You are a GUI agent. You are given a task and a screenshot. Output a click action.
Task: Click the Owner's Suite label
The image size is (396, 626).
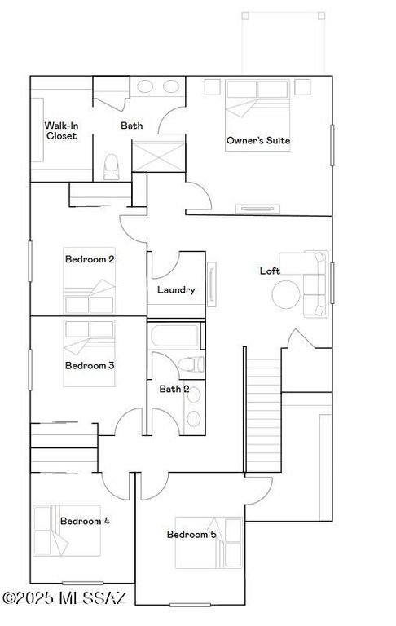click(257, 140)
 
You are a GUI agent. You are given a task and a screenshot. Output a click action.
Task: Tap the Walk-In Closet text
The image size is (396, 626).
click(60, 130)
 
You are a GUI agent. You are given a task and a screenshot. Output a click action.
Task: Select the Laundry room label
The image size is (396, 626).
click(175, 289)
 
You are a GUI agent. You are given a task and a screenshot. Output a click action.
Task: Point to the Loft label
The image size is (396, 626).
click(271, 271)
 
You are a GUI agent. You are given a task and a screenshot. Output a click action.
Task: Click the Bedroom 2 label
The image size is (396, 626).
click(89, 259)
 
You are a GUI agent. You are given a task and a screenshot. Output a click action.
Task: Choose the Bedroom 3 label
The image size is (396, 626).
click(89, 365)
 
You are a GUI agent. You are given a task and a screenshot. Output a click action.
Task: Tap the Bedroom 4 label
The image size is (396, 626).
click(85, 521)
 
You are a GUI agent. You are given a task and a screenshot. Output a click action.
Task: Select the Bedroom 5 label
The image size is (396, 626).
click(191, 535)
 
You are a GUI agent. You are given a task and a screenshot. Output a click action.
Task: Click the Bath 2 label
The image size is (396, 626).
click(174, 389)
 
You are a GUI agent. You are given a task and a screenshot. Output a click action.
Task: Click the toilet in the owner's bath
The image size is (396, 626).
click(112, 166)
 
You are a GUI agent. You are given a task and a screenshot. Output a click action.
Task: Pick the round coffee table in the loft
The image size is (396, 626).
click(286, 294)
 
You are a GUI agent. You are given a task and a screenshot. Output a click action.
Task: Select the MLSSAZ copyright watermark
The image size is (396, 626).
click(64, 599)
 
